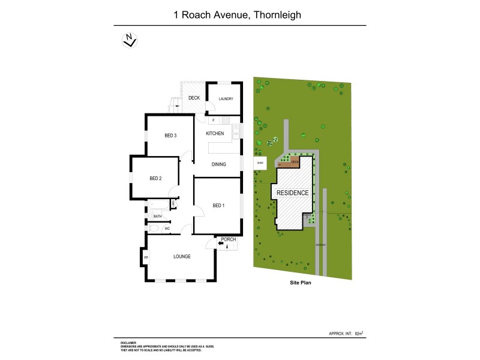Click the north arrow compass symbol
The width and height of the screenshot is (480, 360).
[128, 40]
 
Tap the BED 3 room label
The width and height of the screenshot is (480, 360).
[170, 136]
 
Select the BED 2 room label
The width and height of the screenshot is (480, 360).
[155, 178]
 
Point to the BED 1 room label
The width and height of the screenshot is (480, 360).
[219, 205]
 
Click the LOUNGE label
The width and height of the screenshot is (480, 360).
[182, 257]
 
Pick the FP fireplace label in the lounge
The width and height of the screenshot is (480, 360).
[146, 258]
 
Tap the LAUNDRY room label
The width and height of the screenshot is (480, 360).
[226, 99]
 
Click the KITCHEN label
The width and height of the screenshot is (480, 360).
[215, 133]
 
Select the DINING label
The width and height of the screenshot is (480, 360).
[218, 164]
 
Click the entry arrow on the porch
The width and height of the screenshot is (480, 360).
[212, 243]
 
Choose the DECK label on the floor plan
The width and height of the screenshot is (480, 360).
[194, 98]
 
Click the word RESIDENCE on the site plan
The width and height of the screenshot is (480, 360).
[292, 193]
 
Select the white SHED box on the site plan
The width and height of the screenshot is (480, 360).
[260, 163]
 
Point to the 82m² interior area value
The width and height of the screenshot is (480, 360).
[359, 332]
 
